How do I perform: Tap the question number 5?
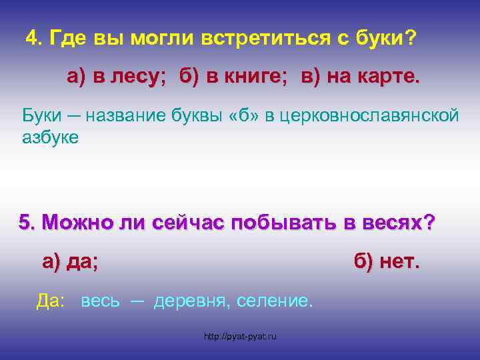[27, 223]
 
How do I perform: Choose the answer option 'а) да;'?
[70, 262]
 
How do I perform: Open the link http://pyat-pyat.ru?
[240, 337]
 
